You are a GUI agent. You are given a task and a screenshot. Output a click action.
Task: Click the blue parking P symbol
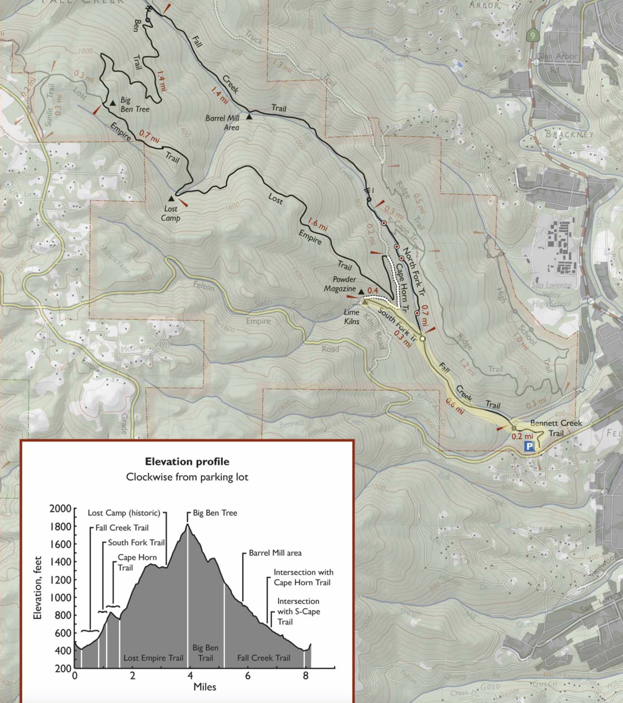click(x=529, y=446)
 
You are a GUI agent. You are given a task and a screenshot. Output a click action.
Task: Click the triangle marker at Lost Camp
click(x=171, y=199)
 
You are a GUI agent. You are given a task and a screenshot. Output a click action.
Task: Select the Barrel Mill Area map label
click(x=222, y=123)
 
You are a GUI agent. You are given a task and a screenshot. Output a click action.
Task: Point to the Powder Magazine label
click(x=340, y=284)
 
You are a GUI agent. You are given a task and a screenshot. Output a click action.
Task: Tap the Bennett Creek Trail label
click(x=556, y=428)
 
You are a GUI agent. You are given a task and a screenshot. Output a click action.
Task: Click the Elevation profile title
click(x=187, y=462)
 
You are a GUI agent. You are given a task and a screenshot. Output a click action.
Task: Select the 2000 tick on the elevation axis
click(x=60, y=509)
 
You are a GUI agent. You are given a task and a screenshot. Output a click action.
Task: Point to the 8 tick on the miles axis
click(x=306, y=675)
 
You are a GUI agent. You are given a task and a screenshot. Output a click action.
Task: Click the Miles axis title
click(x=204, y=687)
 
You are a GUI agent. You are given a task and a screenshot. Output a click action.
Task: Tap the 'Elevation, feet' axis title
click(x=37, y=588)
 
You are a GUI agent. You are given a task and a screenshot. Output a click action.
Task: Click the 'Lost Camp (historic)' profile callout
click(x=124, y=513)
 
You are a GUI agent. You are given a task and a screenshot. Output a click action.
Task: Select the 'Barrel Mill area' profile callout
click(x=275, y=553)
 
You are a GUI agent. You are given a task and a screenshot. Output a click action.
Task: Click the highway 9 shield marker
click(x=533, y=36)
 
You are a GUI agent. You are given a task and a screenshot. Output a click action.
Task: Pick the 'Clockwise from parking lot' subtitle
click(x=187, y=477)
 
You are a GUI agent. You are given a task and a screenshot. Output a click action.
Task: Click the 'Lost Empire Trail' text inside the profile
click(x=153, y=658)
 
